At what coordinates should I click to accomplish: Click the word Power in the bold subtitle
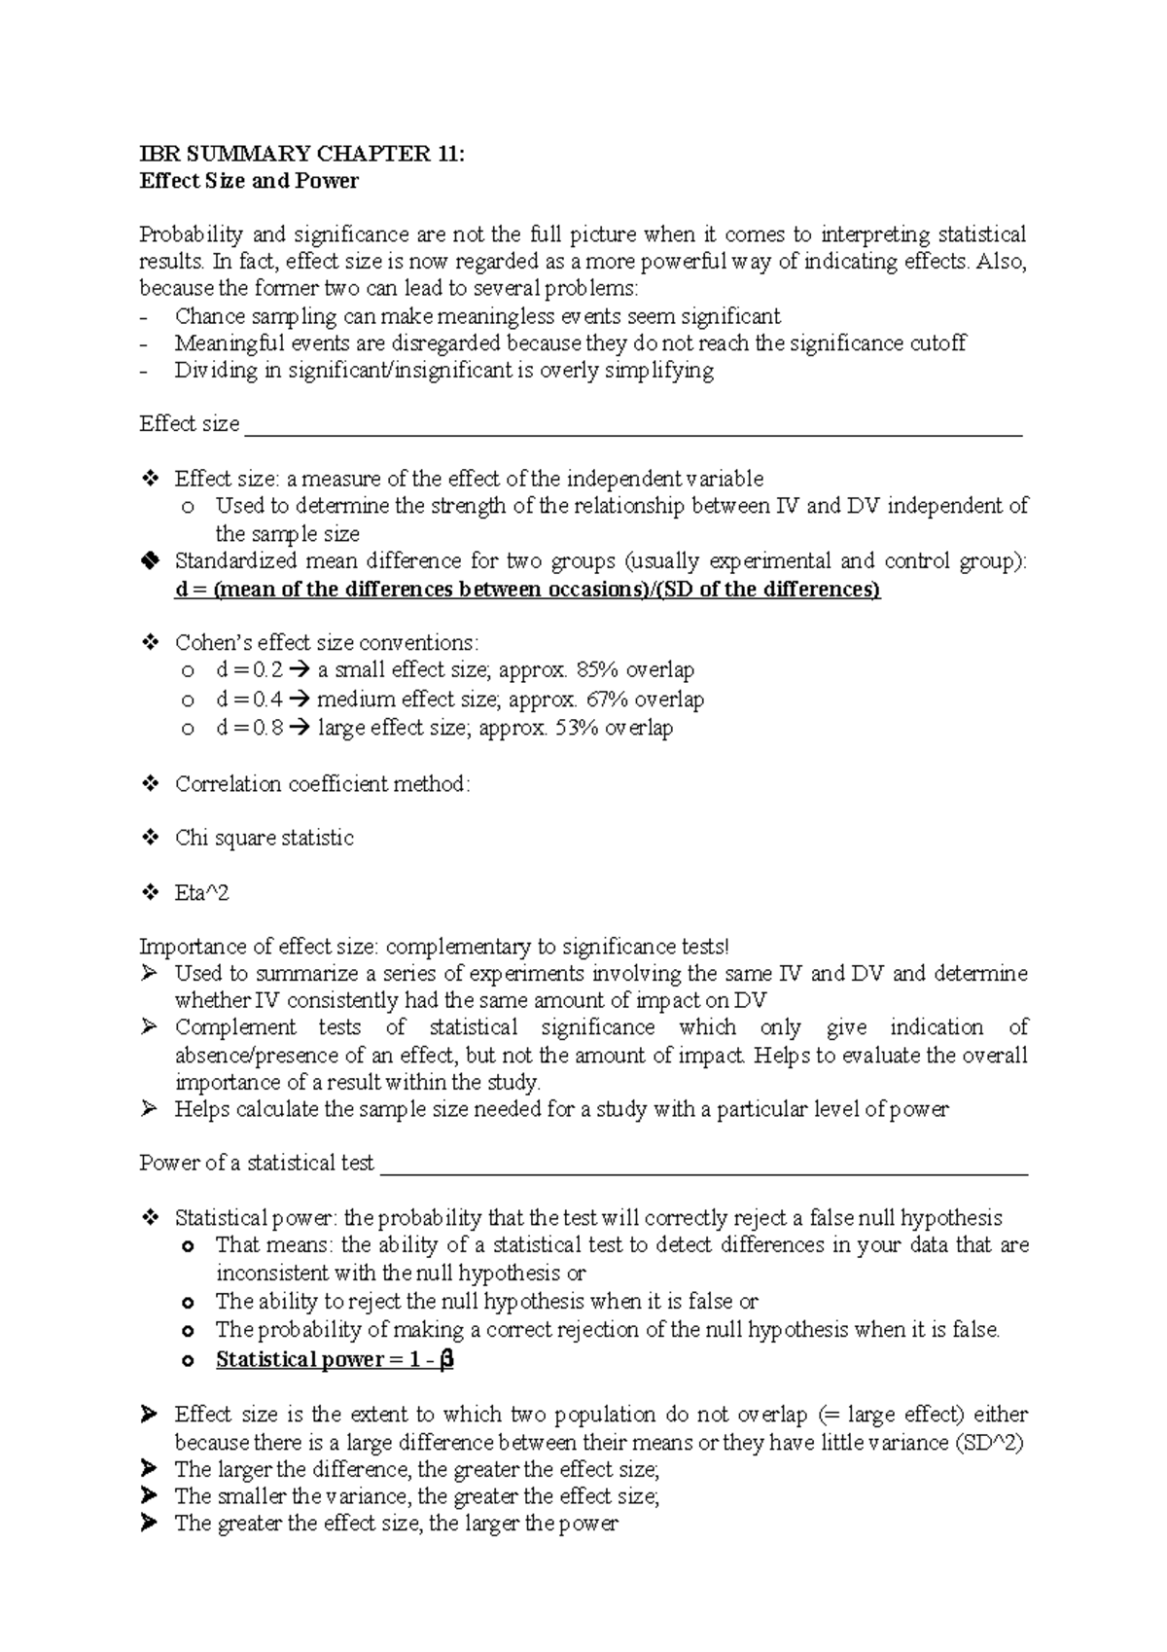tap(334, 181)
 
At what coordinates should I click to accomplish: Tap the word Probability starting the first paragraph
tap(190, 234)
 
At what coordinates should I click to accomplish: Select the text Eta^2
tap(201, 892)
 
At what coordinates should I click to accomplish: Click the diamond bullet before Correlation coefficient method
tap(150, 783)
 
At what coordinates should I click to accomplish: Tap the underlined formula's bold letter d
tap(181, 590)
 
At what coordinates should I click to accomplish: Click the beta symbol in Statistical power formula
tap(446, 1359)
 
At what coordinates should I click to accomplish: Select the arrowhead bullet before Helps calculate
tap(149, 1108)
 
